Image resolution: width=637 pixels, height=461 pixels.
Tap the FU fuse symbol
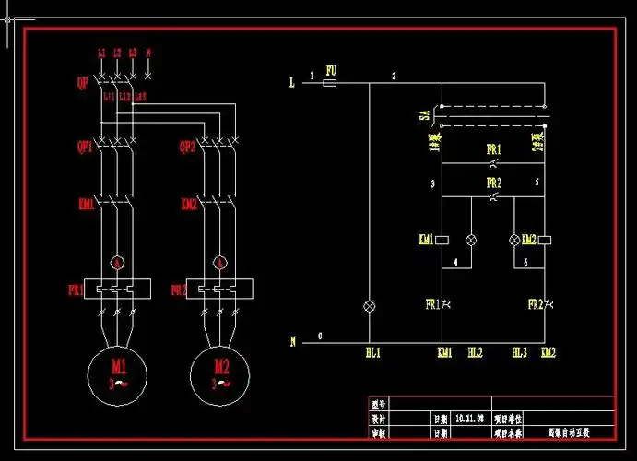coord(329,83)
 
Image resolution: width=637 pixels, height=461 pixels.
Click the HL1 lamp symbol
coord(371,304)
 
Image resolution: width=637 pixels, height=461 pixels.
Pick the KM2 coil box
coord(545,240)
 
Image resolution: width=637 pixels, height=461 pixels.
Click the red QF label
coord(82,82)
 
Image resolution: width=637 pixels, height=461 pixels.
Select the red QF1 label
coord(84,146)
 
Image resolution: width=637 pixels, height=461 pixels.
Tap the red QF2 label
coord(187,146)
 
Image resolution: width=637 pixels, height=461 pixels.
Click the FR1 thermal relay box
coord(117,289)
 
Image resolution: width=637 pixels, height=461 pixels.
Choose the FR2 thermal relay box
coord(220,289)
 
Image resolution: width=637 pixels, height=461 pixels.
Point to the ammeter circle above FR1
coord(117,263)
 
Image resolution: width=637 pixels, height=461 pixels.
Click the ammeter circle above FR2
coord(220,263)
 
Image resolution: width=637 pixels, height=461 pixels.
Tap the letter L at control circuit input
coord(292,83)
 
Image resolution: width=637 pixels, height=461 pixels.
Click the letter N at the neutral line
coord(293,341)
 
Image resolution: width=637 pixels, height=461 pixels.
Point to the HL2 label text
coord(475,352)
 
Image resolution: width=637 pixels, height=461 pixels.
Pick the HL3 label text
coord(519,352)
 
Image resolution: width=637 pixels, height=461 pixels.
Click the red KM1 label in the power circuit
coord(86,204)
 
